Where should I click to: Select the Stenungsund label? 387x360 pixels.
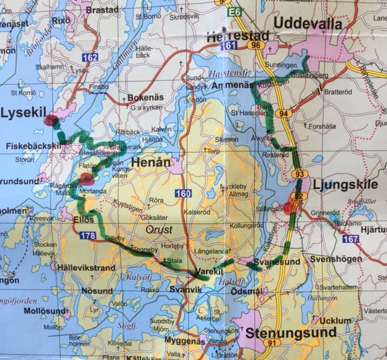[x=290, y=332]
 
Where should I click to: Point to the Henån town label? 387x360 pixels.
[x=149, y=162]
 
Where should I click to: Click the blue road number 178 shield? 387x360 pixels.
[x=87, y=235]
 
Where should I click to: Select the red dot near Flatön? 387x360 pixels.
[x=85, y=179]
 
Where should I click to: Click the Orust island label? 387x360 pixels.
[x=160, y=230]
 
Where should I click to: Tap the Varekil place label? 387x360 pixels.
[x=207, y=274]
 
